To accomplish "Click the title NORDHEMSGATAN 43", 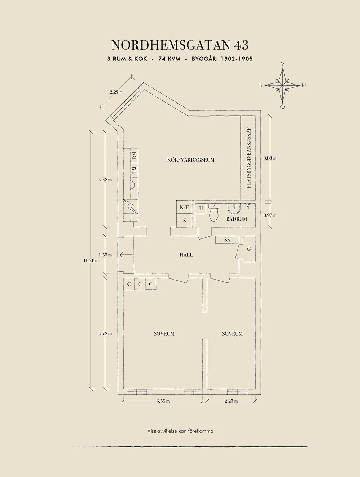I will pos(180,45).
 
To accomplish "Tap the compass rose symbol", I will pos(283,86).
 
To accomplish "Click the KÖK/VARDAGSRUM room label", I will pos(191,160).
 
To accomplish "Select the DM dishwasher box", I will pos(135,156).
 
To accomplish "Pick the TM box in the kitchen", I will pos(135,170).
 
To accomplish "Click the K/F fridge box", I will pos(184,208).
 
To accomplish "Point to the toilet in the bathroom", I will pos(214,213).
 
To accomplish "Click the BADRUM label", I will pos(237,219).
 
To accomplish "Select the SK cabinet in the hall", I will pos(227,240).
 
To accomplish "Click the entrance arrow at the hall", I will pos(126,255).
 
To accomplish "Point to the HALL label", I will pos(186,255).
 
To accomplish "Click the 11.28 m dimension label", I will pos(90,260).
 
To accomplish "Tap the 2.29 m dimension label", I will pos(116,92).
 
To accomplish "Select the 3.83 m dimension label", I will pos(270,158).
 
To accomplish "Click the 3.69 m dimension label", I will pos(163,401).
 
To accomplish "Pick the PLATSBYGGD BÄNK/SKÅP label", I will pos(248,158).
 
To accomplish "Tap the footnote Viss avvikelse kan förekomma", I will pos(180,431).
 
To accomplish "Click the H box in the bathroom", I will pos(201,209).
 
